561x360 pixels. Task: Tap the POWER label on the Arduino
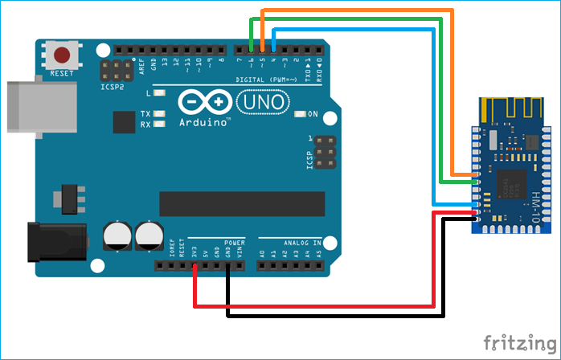click(x=234, y=241)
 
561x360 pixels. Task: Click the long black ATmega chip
click(x=242, y=204)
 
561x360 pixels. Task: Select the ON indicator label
click(x=313, y=113)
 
